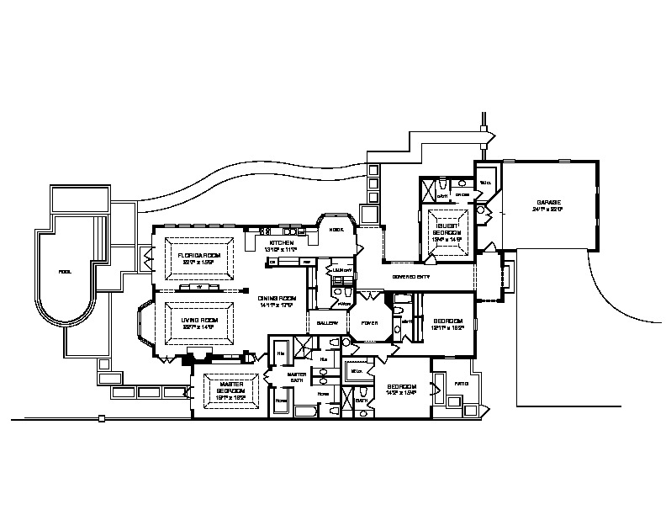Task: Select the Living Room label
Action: [200, 320]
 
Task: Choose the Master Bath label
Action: [298, 377]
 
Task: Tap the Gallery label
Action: [327, 323]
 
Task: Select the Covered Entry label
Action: [411, 277]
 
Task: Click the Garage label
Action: [549, 203]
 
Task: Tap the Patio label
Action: [461, 384]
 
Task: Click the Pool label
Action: [65, 272]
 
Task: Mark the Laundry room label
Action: [341, 270]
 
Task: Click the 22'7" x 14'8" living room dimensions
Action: [200, 327]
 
